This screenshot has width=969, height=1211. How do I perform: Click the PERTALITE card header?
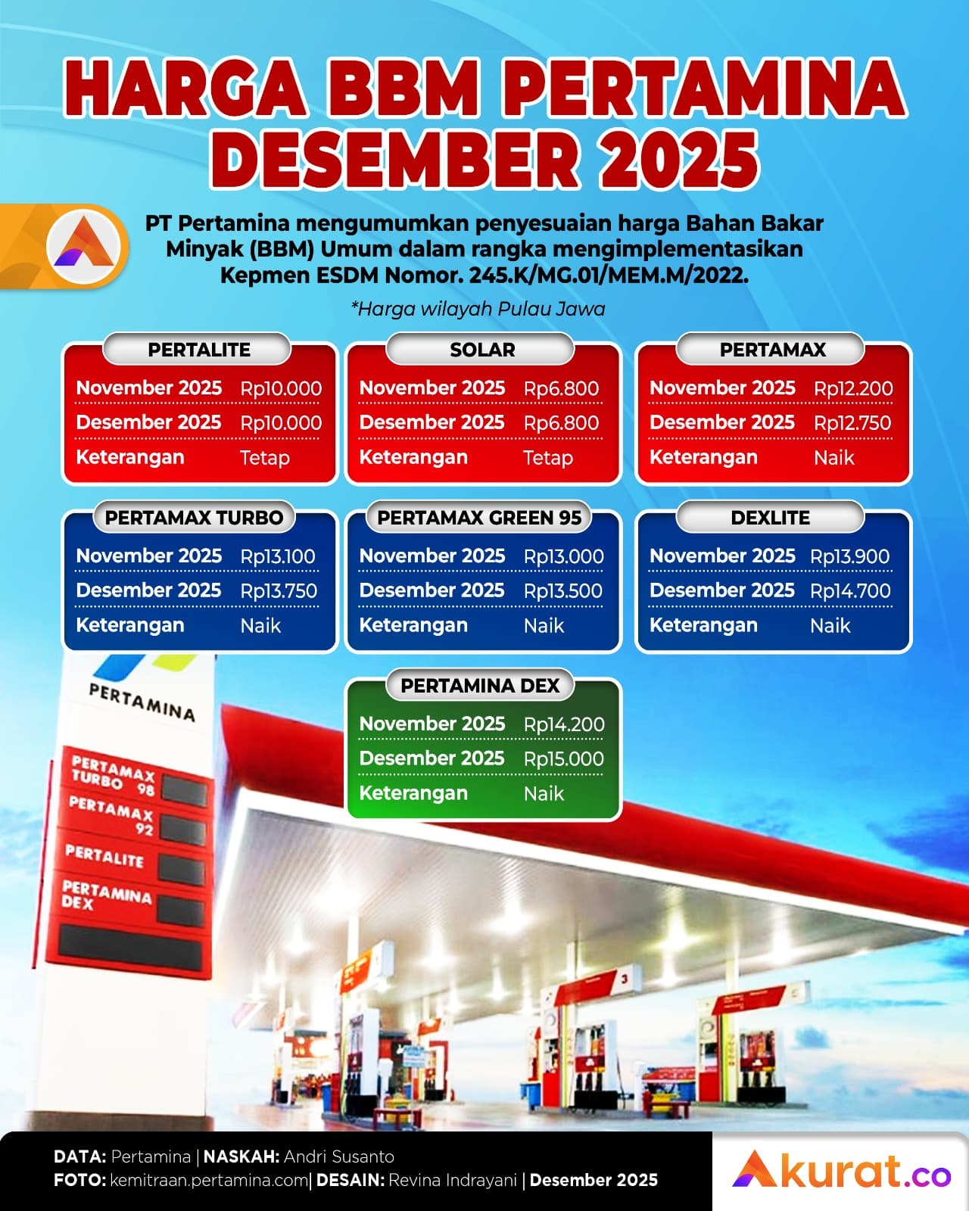tap(198, 350)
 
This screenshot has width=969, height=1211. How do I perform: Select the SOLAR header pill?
tap(482, 350)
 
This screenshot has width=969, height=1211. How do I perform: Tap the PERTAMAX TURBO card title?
tap(194, 518)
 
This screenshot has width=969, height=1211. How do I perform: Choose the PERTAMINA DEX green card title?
tap(480, 686)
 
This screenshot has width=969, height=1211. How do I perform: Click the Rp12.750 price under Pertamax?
tap(852, 423)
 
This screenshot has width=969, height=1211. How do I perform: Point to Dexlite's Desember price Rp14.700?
tap(850, 591)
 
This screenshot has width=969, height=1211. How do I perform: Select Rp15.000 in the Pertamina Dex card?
tap(564, 759)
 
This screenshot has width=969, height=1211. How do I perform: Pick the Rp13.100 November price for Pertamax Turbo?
tap(278, 556)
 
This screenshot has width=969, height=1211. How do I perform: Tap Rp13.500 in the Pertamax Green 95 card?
tap(563, 591)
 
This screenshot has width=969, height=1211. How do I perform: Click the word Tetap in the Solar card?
tap(548, 458)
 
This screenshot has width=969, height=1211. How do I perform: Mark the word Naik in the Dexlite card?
tap(830, 626)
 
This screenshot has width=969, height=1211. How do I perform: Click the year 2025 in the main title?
tap(679, 159)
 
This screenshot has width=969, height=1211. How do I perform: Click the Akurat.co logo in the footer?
tap(841, 1170)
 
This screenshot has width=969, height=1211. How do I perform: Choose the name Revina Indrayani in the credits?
tap(453, 1180)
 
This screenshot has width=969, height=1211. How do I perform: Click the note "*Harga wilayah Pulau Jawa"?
tap(478, 309)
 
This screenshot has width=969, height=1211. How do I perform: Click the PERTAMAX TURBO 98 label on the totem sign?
tap(113, 776)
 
